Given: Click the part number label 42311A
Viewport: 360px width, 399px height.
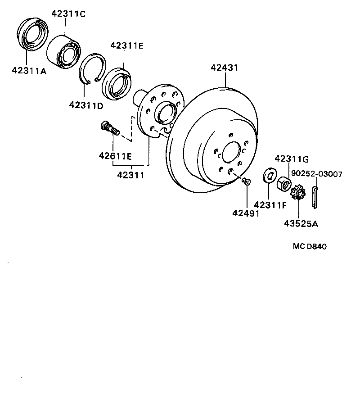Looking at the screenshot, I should coord(29,70).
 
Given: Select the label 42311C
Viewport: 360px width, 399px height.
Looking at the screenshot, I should coord(68,14).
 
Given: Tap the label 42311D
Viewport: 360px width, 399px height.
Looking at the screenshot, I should coord(86,105).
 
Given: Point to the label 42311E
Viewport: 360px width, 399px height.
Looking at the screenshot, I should coord(127,45).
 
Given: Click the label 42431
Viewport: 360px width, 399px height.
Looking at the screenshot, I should coord(225,68).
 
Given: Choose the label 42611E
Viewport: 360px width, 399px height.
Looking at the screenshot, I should coord(115,156).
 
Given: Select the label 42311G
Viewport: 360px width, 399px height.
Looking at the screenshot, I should coord(292,159).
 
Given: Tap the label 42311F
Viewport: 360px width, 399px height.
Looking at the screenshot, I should coord(270,205).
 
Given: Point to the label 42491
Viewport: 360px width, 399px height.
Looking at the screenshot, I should coord(246,213).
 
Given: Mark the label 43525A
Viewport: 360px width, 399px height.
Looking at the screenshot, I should coord(301,223).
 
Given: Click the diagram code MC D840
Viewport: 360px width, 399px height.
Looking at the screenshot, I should coord(310,246).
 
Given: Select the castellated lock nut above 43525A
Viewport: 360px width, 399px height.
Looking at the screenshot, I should coord(298,193).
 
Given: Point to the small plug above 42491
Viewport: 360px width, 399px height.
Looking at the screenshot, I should coord(246,181).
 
